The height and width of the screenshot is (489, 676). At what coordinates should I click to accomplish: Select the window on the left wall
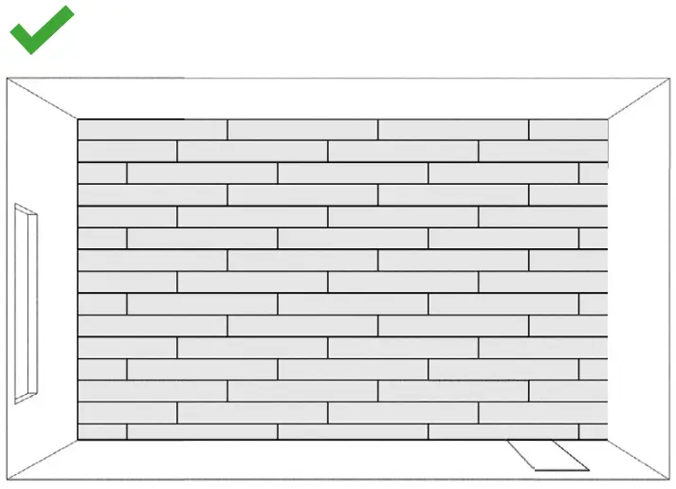point(27,303)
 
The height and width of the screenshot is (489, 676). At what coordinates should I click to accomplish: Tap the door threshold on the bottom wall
point(548,456)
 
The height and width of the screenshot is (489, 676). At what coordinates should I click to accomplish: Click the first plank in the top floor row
point(152,130)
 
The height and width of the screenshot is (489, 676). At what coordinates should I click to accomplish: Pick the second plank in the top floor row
point(302,130)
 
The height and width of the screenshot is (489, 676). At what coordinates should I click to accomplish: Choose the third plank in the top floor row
point(453,130)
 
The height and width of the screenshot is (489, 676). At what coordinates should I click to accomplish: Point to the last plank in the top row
point(568,130)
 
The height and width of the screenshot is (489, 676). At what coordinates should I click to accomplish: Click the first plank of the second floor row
point(127,152)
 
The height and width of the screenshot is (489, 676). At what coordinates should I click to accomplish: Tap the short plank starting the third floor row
point(102,173)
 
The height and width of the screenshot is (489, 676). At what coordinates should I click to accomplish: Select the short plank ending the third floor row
point(593,173)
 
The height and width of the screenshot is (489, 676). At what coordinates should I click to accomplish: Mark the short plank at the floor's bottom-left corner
point(102,432)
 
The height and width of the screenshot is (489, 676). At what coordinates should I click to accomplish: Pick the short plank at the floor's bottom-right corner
point(593,432)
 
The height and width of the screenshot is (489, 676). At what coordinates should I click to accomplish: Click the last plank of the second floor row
point(542,152)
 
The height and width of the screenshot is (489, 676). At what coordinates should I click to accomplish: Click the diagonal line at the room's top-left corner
point(43,99)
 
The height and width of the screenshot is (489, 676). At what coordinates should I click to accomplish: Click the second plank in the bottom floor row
point(202,432)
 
